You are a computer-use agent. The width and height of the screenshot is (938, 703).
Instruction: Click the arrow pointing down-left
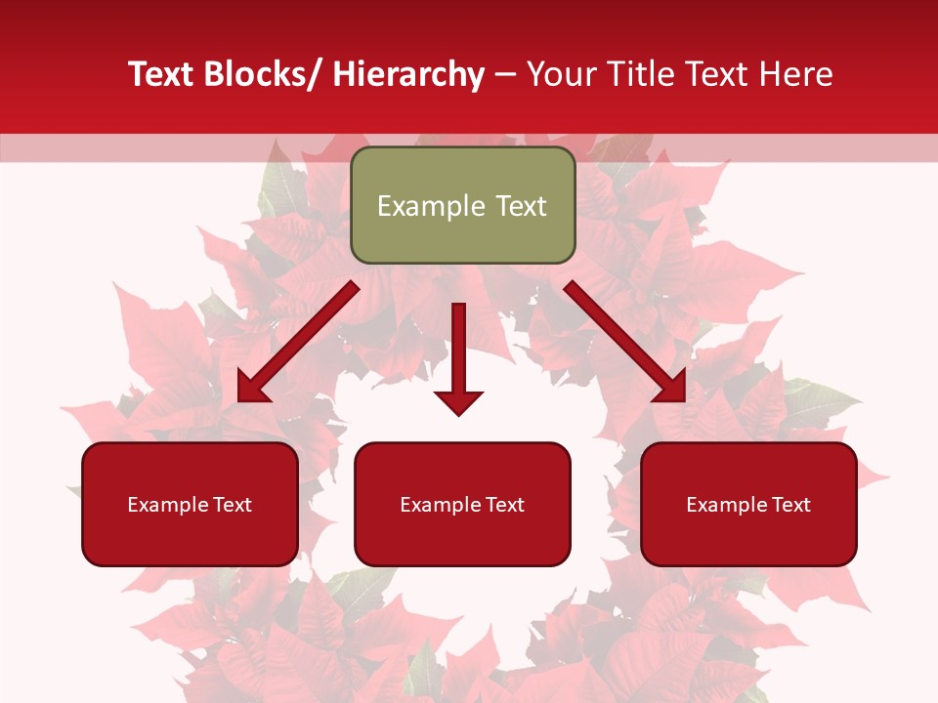[x=298, y=343]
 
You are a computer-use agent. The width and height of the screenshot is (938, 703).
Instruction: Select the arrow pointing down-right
[x=625, y=342]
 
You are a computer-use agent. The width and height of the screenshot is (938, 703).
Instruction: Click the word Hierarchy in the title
[x=408, y=74]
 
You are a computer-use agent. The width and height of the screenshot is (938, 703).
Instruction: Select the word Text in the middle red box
[x=502, y=505]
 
